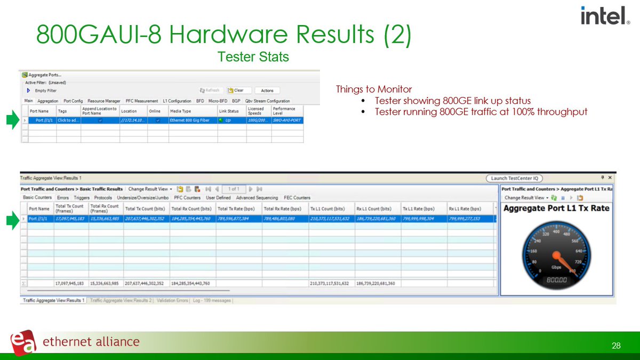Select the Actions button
point(267,91)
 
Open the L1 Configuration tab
point(177,101)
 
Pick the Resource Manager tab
point(104,101)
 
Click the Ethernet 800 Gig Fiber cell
point(191,121)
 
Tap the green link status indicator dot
point(221,121)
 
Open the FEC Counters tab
point(297,198)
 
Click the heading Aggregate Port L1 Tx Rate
point(556,208)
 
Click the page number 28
point(616,346)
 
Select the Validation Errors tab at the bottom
point(173,301)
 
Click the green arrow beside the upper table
point(11,122)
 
